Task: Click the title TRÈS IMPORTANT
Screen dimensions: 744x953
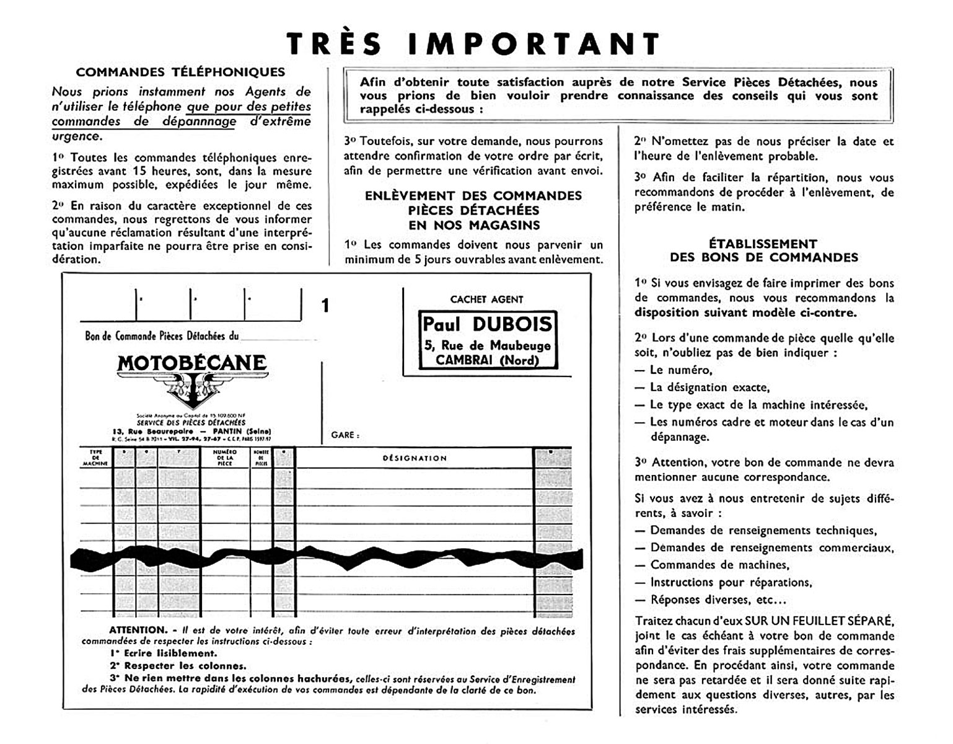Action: [x=474, y=43]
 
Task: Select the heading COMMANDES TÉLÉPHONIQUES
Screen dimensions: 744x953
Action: [x=180, y=72]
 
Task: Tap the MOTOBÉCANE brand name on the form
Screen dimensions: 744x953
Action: [x=192, y=363]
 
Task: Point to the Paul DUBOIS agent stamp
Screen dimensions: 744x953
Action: [x=487, y=340]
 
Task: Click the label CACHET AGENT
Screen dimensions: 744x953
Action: [x=486, y=299]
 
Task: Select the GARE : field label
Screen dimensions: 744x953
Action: [x=345, y=435]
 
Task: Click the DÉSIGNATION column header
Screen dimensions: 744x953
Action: [x=415, y=458]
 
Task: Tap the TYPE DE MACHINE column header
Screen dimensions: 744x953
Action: [x=95, y=458]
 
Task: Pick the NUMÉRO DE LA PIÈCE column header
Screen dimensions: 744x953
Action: [x=225, y=458]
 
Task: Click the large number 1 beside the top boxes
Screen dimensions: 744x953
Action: [x=325, y=306]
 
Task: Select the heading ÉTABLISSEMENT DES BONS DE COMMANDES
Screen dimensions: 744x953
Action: [x=763, y=250]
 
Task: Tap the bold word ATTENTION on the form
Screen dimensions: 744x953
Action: [x=138, y=631]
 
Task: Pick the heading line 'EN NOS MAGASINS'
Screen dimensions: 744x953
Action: [x=473, y=225]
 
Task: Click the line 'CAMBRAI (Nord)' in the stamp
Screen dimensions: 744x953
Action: [x=488, y=360]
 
